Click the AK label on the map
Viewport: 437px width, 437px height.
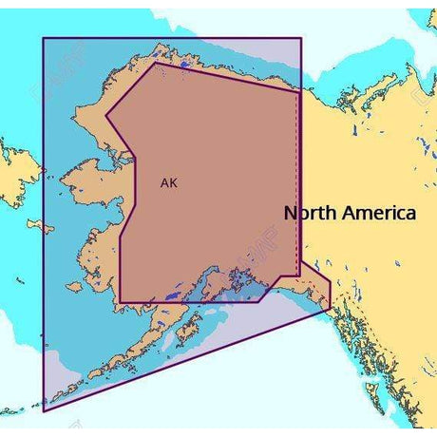pyautogui.click(x=167, y=183)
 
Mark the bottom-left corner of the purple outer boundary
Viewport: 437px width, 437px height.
pyautogui.click(x=44, y=411)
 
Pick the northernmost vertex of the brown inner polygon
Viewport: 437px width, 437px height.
pyautogui.click(x=155, y=65)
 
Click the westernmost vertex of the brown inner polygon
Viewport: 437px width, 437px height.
pyautogui.click(x=105, y=117)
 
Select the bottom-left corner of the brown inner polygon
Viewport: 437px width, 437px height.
pyautogui.click(x=118, y=302)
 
